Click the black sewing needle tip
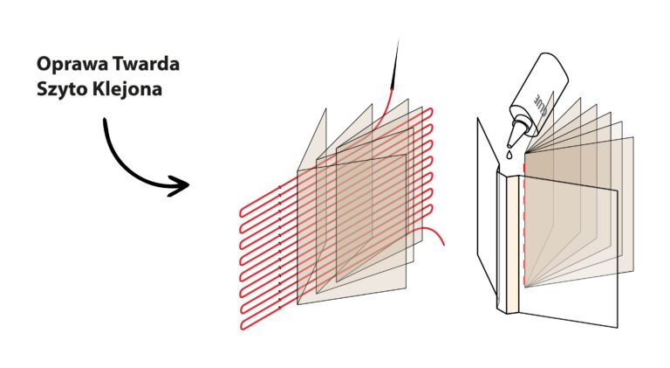(x=398, y=41)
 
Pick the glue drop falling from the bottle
(x=509, y=155)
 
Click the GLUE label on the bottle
(x=540, y=103)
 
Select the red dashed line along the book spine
(x=523, y=223)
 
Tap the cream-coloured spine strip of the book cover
(x=512, y=244)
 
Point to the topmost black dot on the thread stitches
(x=279, y=187)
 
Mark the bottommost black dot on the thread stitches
(x=279, y=307)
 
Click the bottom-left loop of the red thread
(x=243, y=324)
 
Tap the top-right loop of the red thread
(x=431, y=113)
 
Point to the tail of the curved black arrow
(x=104, y=120)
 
